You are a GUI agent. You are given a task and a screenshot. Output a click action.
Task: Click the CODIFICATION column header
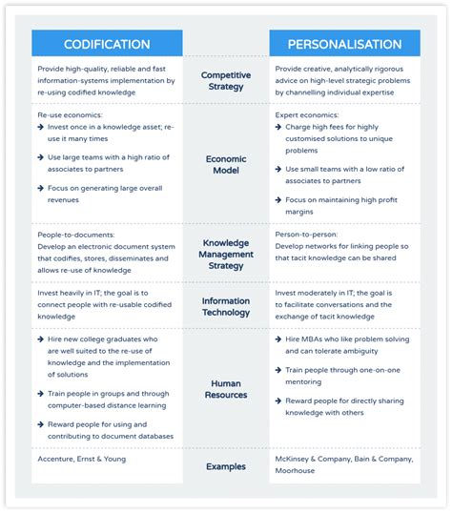[107, 44]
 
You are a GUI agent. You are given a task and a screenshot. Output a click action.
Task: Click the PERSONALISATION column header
[343, 44]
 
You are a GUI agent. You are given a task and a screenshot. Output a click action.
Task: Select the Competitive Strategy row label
[226, 81]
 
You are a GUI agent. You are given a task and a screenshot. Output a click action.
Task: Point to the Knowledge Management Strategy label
[226, 255]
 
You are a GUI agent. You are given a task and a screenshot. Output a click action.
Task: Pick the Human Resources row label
[226, 388]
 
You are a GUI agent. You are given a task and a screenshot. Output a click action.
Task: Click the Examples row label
[226, 465]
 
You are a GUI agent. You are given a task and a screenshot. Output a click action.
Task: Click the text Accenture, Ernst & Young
[81, 460]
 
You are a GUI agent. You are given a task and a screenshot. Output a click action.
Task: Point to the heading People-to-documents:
[76, 234]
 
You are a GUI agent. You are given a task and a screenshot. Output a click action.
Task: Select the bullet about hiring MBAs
[348, 345]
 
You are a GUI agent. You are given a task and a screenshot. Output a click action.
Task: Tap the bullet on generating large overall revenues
[105, 194]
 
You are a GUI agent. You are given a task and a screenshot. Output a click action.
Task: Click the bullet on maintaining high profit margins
[343, 206]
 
